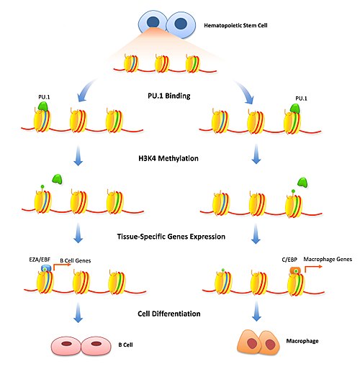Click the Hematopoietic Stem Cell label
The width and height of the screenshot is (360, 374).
click(235, 25)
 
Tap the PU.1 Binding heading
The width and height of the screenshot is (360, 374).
click(169, 96)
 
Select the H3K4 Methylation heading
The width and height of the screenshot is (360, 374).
click(168, 158)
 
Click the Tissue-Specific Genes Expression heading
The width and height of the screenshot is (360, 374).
click(171, 237)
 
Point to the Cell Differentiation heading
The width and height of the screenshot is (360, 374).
click(169, 314)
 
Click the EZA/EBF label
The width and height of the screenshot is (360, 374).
click(40, 260)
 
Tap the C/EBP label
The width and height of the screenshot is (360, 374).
click(289, 260)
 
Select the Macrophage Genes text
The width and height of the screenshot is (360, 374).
click(328, 259)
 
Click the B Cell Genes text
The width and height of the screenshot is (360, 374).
click(76, 260)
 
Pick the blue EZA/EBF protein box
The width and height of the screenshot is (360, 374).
click(46, 268)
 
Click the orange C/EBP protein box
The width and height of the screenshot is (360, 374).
click(295, 270)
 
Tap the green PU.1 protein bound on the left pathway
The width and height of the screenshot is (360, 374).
click(43, 106)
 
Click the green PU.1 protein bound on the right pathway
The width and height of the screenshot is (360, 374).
click(295, 109)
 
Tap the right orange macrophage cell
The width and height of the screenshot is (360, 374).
click(270, 343)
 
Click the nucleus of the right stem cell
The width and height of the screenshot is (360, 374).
click(181, 24)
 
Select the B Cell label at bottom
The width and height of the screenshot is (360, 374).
click(125, 345)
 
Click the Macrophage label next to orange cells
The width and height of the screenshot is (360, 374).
click(302, 341)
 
